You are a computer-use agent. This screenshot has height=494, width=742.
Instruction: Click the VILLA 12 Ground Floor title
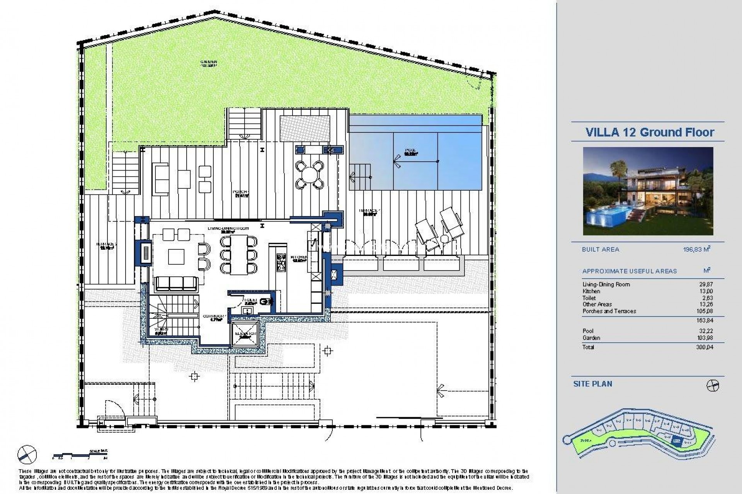pos(650,132)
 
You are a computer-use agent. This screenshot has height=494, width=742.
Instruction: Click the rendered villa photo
pos(648,191)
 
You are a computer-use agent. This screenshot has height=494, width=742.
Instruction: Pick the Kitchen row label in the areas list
pos(591,291)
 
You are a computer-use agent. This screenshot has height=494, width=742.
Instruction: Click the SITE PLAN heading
pos(593,384)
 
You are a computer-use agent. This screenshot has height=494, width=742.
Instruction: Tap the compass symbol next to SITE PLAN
pos(713,386)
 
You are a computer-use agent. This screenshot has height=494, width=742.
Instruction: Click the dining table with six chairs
pos(238,255)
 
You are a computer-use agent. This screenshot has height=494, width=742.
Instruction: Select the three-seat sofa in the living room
pos(176,284)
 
